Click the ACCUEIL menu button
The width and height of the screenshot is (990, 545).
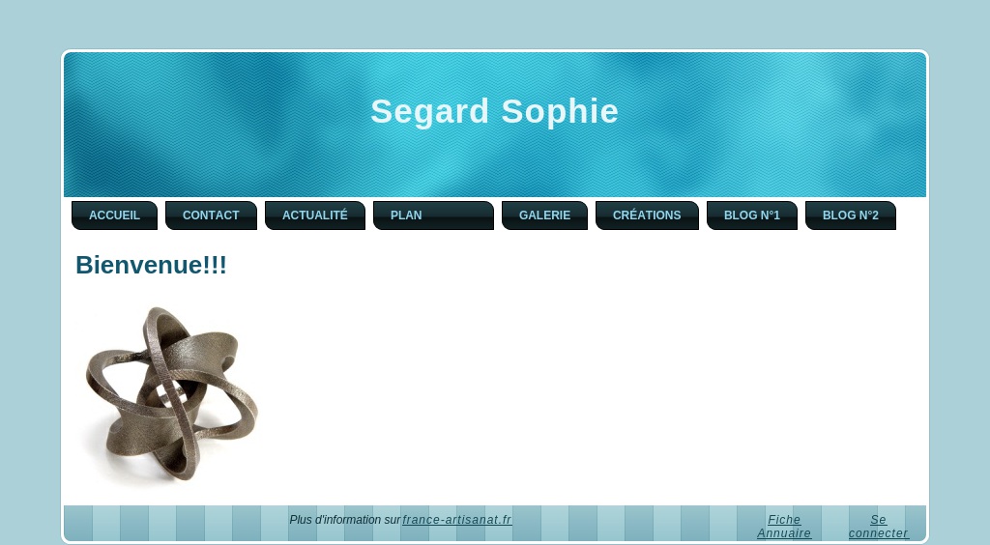point(114,215)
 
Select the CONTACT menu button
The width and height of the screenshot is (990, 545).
point(211,215)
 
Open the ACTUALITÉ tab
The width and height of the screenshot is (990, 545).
point(315,215)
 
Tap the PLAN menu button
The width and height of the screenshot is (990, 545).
point(433,215)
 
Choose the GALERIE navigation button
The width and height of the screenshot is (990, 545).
point(544,215)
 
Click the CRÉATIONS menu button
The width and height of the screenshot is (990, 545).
point(647,215)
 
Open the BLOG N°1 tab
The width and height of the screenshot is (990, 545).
point(752,215)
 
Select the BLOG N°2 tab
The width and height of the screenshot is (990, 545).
point(851,215)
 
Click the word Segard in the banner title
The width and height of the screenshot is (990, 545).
point(430,112)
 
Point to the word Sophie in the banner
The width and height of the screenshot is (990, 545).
point(560,112)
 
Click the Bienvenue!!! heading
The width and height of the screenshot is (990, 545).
point(151,265)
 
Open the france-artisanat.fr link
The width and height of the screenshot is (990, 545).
point(457,520)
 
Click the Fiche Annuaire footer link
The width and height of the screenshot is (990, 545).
point(784,527)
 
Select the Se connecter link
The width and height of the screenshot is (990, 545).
point(878,527)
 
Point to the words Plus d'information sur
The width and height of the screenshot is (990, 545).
point(345,520)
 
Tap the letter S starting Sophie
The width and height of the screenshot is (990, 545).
point(513,111)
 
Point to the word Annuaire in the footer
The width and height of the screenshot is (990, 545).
point(784,533)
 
